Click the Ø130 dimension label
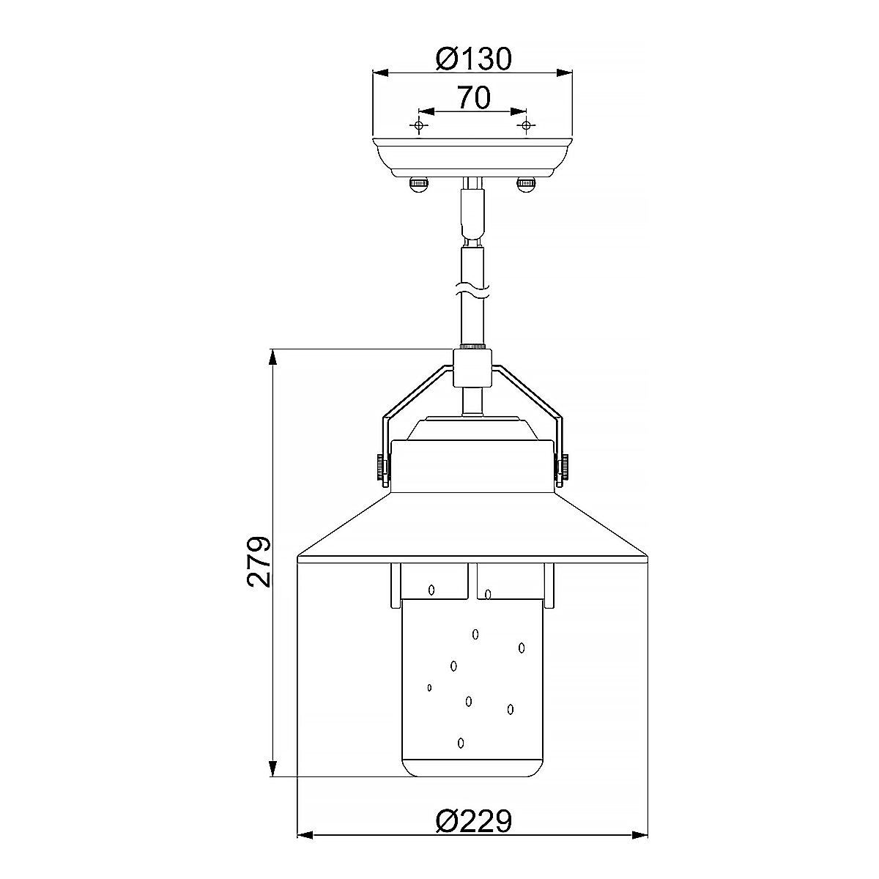473,59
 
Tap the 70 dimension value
474,97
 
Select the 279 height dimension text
259,562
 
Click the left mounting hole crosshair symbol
419,125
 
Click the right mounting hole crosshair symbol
526,125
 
